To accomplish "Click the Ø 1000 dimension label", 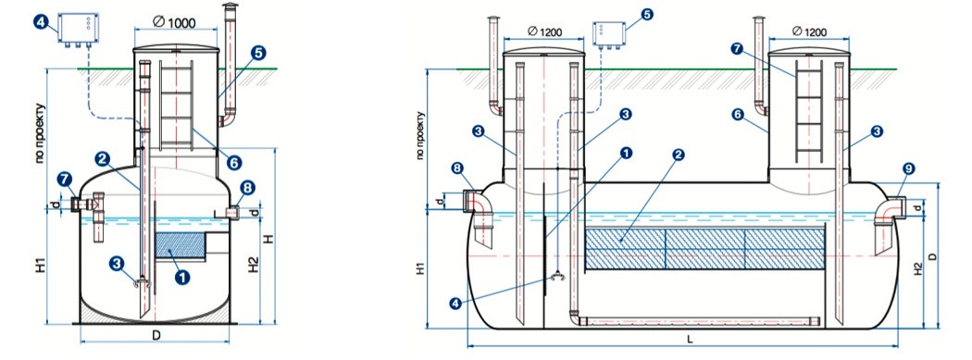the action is tap(174, 23).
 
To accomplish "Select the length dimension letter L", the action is tap(690, 340).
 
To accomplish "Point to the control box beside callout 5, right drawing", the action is tap(609, 33).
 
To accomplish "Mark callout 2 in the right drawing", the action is tap(679, 155).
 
